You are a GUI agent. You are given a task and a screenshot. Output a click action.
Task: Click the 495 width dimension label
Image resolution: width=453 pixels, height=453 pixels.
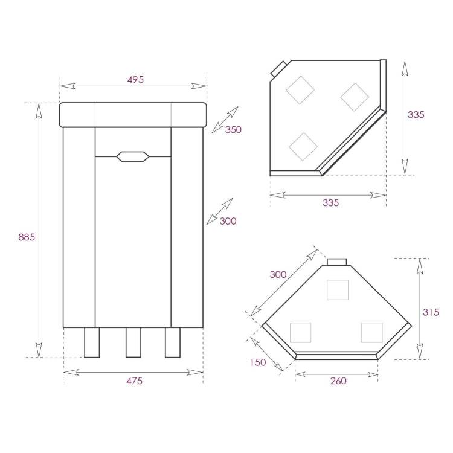(135, 80)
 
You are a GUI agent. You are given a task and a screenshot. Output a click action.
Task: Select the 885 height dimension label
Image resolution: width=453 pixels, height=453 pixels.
(27, 237)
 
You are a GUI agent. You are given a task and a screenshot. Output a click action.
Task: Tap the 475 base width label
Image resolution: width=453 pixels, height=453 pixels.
(134, 381)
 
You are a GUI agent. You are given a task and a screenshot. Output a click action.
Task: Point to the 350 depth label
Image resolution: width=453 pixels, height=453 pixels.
(233, 129)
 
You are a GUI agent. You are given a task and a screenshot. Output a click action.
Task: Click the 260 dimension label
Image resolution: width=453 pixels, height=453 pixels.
(338, 381)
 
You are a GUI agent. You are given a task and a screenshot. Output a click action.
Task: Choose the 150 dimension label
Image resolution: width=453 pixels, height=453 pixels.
(258, 362)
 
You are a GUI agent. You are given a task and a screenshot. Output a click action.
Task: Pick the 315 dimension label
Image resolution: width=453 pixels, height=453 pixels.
(431, 312)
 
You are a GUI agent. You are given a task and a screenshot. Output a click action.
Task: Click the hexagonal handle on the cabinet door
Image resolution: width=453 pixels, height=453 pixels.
(133, 156)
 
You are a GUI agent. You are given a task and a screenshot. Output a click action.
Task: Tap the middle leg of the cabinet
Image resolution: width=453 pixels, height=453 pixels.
(133, 342)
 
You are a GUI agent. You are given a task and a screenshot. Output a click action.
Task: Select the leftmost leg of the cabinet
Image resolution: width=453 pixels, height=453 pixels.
(92, 342)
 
